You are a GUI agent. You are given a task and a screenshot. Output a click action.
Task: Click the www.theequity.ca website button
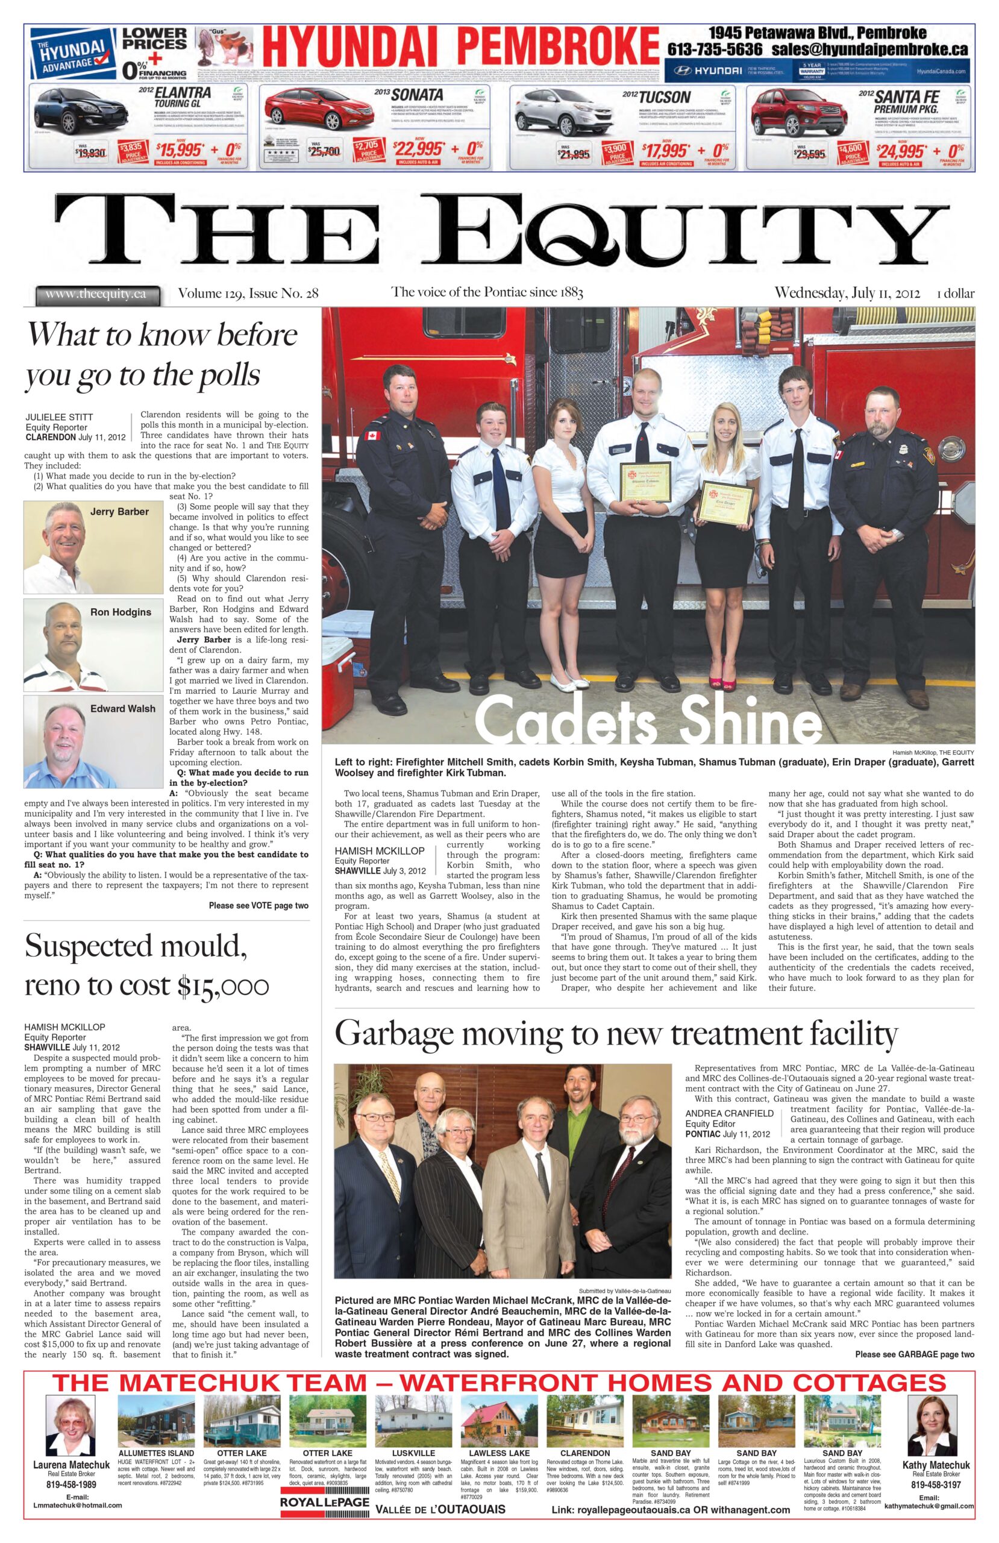coord(96,294)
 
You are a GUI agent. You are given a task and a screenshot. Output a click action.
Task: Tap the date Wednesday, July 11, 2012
coord(847,293)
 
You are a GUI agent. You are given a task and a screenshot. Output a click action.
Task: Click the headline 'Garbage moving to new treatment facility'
coord(615,1034)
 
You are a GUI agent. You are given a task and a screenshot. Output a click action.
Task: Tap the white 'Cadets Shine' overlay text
coord(648,718)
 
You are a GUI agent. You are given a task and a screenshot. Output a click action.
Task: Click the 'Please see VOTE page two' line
coord(258,906)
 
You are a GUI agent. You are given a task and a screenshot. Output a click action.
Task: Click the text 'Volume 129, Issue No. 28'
coord(248,294)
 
